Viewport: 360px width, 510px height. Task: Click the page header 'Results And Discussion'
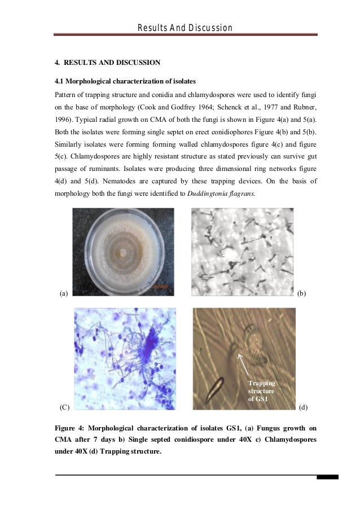coord(186,28)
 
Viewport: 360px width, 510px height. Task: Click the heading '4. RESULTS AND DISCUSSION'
coord(107,62)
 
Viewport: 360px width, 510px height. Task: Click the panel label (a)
coord(64,293)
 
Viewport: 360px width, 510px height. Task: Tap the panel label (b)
coord(301,293)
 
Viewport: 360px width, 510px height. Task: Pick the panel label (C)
coord(64,406)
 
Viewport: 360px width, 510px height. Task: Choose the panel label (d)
coord(302,406)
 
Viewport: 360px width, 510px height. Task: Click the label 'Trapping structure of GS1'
coord(261,391)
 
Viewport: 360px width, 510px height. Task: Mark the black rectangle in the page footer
coord(327,477)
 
